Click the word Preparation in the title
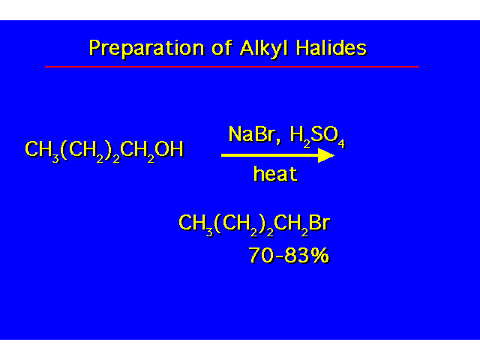tap(146, 48)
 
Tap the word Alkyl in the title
tap(264, 48)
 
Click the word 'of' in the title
tap(222, 48)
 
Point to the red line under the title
tap(232, 67)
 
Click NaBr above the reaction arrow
tap(251, 134)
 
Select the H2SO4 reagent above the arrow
tap(317, 136)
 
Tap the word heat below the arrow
tap(275, 173)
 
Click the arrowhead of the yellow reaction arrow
tap(326, 155)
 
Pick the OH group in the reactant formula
tap(169, 149)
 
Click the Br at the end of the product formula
tap(319, 222)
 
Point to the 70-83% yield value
tap(289, 255)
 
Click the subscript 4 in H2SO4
tap(341, 143)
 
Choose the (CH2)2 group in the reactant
tap(90, 151)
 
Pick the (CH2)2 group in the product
tap(244, 225)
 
